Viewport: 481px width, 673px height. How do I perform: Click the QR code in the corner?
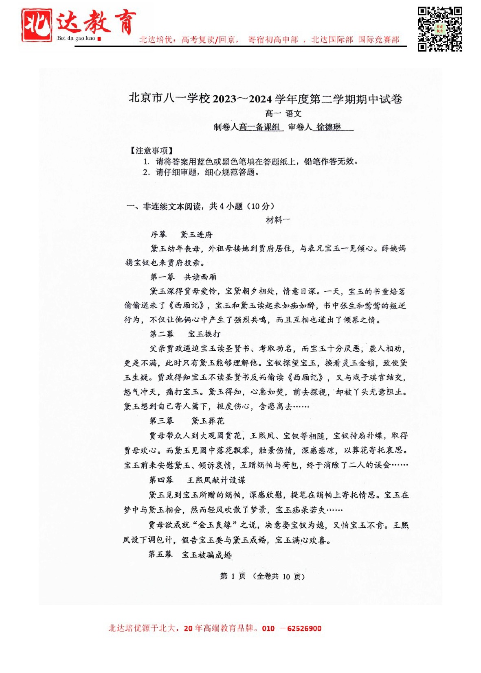point(440,28)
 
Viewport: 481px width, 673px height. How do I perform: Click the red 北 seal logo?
point(37,25)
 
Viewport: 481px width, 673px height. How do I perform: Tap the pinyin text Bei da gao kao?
point(76,38)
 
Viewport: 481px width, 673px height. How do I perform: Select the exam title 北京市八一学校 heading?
point(265,99)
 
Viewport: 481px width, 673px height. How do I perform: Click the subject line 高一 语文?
point(283,114)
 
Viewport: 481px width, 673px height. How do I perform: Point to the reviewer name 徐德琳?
point(329,127)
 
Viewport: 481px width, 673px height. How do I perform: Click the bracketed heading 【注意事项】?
point(151,151)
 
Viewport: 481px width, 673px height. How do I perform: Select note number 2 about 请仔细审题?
point(201,172)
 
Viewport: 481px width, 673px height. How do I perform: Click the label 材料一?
point(278,220)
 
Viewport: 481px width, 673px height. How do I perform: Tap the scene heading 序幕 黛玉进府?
point(181,234)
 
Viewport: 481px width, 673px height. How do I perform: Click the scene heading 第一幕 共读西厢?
point(183,277)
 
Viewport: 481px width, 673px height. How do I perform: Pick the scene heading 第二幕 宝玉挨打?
point(185,334)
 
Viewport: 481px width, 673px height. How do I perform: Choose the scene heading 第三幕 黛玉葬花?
point(187,421)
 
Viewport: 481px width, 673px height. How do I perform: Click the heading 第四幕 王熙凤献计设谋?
point(197,480)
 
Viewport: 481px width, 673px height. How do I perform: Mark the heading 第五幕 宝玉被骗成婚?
point(190,555)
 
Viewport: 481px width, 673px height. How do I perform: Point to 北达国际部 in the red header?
point(332,40)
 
